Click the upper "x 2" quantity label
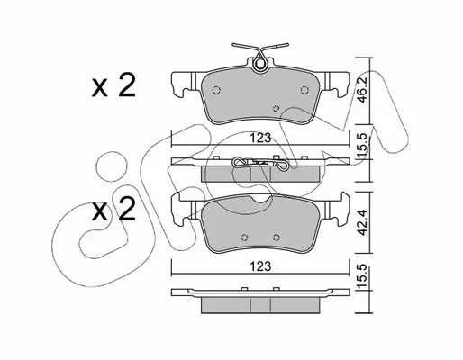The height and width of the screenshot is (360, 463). point(113,85)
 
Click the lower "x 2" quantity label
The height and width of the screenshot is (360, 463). point(113,210)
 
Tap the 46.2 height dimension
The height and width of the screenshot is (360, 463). point(363,90)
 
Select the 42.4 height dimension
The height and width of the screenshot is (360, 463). point(363,222)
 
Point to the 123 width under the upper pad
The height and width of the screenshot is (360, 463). point(260,138)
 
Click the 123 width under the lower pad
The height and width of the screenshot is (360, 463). point(260,266)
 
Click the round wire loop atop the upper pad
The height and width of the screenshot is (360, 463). point(259,65)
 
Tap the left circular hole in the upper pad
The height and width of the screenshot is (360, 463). point(216,90)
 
